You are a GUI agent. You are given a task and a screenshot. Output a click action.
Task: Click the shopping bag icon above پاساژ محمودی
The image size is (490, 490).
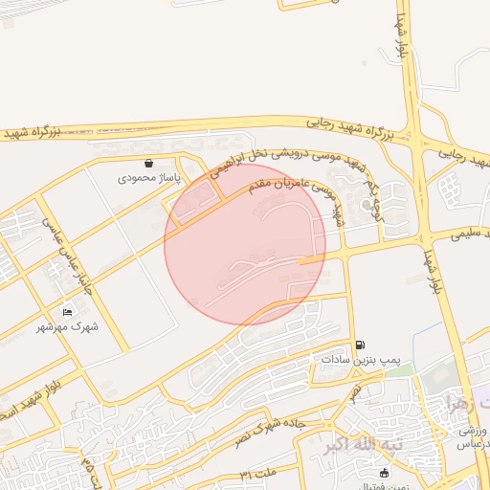[148, 163]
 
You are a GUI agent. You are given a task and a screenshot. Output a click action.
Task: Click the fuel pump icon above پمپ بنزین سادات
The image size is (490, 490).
[360, 345]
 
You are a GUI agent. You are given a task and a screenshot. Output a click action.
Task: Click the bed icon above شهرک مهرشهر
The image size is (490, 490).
[67, 312]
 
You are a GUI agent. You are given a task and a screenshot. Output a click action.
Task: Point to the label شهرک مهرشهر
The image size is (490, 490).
[68, 327]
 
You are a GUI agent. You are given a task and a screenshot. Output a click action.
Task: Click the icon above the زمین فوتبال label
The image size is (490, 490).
[384, 472]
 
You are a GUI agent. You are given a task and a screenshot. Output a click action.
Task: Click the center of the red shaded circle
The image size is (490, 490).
[245, 244]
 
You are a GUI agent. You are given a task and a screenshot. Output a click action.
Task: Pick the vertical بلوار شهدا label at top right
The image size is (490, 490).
[403, 40]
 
